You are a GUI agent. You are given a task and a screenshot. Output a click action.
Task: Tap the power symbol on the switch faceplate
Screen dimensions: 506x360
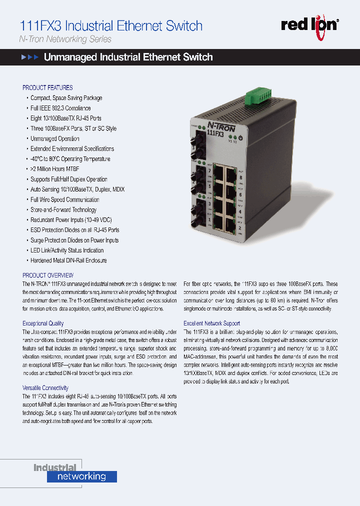click(240, 137)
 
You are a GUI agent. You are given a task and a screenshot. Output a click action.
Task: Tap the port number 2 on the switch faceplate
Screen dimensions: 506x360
click(240, 228)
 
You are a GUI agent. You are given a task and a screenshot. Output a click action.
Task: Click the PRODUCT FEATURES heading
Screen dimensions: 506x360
click(47, 87)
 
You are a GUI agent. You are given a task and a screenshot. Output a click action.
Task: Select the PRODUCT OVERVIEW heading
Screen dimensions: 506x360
click(48, 275)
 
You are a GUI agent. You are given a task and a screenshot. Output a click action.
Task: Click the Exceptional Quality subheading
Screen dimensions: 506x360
click(43, 323)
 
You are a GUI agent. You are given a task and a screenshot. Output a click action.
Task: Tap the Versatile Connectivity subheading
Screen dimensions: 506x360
click(45, 388)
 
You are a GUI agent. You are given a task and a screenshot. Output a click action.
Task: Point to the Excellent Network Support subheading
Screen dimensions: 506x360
click(211, 323)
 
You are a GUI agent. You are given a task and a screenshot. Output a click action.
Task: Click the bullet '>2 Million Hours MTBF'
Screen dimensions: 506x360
click(55, 169)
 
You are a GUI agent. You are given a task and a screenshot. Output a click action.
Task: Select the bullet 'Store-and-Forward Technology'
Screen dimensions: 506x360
click(63, 210)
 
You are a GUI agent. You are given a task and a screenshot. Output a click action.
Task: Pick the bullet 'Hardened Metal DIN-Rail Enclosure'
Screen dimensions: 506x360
click(68, 260)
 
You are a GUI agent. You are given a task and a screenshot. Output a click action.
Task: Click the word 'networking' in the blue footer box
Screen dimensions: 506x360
click(82, 476)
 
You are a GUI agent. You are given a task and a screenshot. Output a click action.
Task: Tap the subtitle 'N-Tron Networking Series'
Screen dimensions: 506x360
click(65, 39)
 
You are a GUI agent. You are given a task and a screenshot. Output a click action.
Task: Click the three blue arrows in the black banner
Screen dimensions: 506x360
click(29, 57)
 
